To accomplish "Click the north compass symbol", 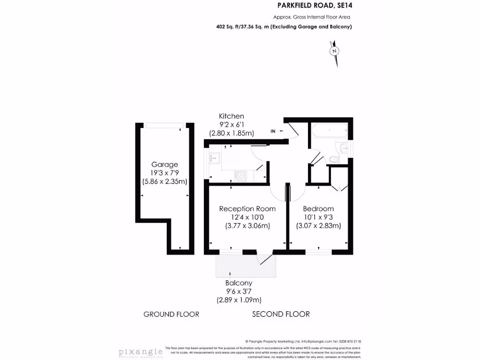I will point(334,51).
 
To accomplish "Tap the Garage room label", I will point(165,165).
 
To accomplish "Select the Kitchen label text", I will point(232,116).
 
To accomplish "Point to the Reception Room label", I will point(247,209).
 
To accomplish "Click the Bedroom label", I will point(318,209).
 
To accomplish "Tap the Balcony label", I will point(239,283).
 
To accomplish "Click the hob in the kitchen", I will point(241,176).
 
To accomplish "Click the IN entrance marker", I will point(273,131).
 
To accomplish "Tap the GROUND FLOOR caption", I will point(171,314).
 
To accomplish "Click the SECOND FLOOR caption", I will point(281,314).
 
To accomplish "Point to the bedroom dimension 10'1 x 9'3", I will point(318,217).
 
